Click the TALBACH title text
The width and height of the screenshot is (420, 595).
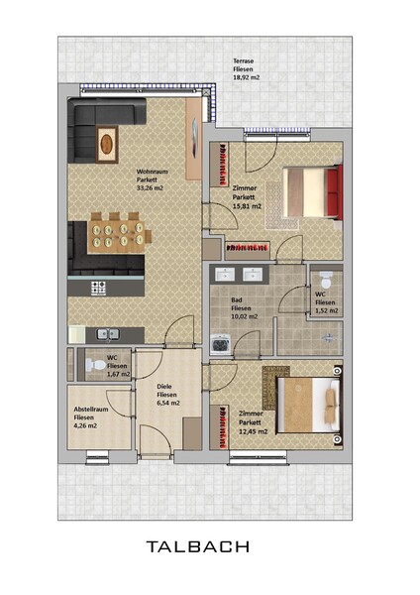click(198, 546)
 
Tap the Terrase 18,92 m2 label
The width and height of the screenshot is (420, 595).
click(247, 69)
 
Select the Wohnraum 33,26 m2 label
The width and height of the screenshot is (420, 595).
click(152, 179)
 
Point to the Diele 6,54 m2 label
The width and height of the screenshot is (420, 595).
click(168, 395)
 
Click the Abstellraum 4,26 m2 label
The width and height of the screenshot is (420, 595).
click(91, 417)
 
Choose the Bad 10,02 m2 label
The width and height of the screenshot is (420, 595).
click(245, 308)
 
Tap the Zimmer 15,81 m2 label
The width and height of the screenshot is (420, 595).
click(247, 197)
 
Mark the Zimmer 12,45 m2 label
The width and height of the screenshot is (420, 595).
click(254, 422)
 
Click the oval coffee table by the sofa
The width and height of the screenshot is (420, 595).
click(107, 144)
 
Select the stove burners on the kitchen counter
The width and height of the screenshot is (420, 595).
click(98, 288)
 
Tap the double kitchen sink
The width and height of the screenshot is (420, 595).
click(108, 334)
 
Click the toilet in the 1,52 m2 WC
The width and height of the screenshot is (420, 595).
click(326, 280)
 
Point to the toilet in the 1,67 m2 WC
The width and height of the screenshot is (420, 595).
click(95, 365)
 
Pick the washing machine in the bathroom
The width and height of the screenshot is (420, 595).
click(220, 344)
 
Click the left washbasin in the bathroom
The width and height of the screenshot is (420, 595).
click(225, 274)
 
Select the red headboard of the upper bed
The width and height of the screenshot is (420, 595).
click(334, 191)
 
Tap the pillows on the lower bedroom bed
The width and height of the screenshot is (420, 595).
click(331, 405)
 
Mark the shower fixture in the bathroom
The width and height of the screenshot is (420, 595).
click(329, 337)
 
